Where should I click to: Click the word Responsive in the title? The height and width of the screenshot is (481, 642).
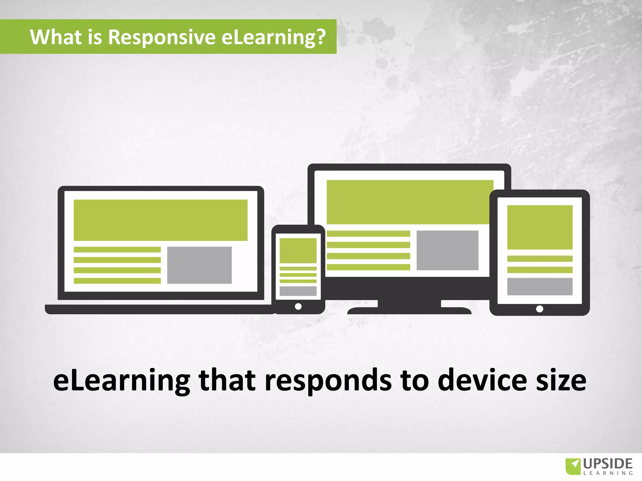click(161, 37)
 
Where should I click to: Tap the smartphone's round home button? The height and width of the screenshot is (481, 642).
click(298, 306)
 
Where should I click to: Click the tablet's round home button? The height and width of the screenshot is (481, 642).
click(539, 309)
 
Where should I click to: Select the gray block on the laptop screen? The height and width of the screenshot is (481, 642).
click(199, 265)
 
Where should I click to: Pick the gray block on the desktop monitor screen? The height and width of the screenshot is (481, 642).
click(447, 250)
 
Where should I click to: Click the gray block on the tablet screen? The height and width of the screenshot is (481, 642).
click(540, 286)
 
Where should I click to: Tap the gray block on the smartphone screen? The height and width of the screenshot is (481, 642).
click(298, 291)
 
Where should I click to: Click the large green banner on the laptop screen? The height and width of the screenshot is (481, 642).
click(160, 220)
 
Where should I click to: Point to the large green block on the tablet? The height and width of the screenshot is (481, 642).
click(540, 227)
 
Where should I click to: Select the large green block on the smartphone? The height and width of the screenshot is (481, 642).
click(298, 251)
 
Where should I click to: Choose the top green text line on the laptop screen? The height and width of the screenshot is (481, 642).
click(117, 250)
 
